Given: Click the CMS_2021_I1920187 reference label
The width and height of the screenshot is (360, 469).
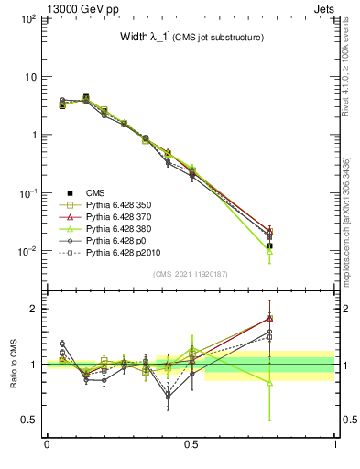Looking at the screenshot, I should (191, 274).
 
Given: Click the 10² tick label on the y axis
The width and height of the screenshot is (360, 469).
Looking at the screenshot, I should (27, 19).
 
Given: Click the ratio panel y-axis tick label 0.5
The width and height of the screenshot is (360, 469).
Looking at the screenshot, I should (30, 420).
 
